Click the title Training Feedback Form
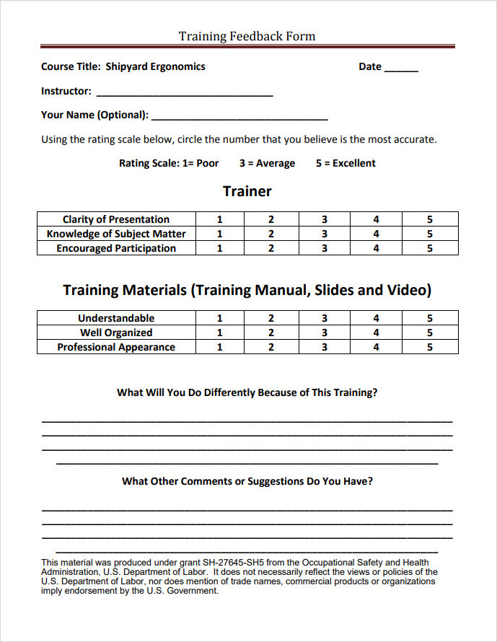coord(247,36)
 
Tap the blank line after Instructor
coord(184,93)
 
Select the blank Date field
coord(401,68)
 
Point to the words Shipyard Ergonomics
coord(155,66)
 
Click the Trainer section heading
coord(247,191)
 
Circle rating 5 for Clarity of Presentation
coord(429,219)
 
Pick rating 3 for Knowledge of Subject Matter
coord(325,234)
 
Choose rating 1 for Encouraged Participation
coord(220,248)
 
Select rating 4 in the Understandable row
coord(376,318)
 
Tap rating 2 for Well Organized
coord(271,333)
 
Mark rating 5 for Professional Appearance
coord(429,347)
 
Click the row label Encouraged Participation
coord(116,248)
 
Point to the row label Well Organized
coord(116,333)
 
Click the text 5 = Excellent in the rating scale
coord(346,163)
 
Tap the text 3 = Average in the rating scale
coord(267,163)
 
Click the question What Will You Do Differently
coord(247,392)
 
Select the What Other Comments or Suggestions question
coord(247,481)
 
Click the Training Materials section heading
coord(247,290)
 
